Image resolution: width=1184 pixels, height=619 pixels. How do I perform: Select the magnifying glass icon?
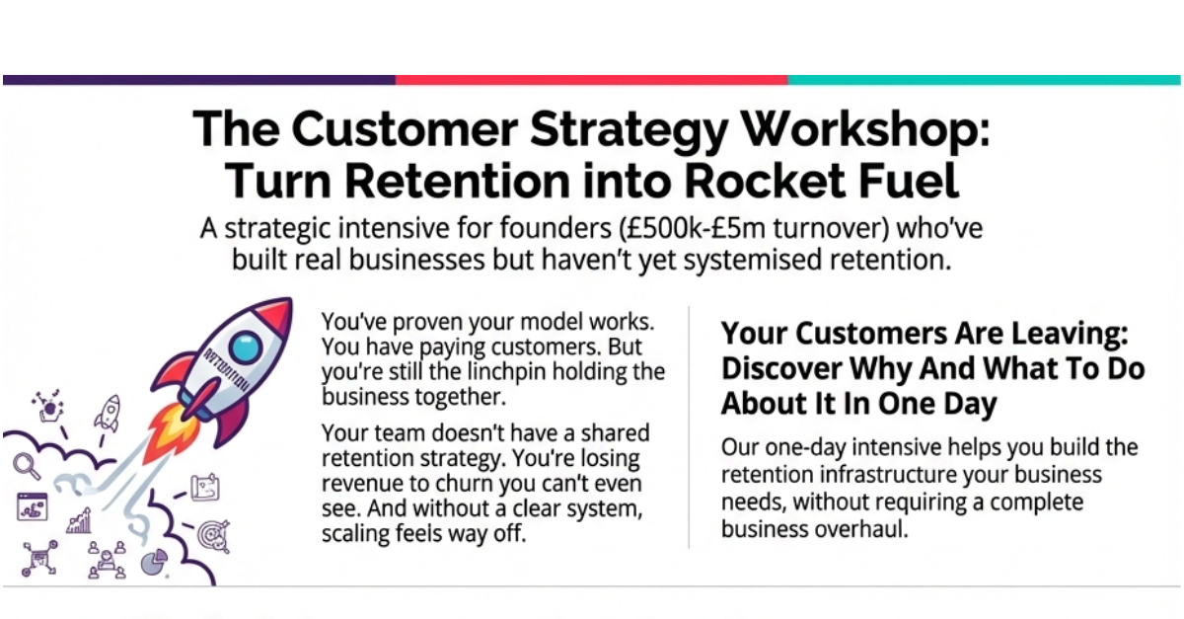(26, 465)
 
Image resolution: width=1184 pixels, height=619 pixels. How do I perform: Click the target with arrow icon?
(213, 534)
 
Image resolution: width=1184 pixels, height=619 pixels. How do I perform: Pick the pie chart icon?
(152, 562)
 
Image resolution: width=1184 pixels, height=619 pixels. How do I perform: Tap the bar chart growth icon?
(79, 520)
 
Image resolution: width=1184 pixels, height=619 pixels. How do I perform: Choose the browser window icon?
(32, 507)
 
